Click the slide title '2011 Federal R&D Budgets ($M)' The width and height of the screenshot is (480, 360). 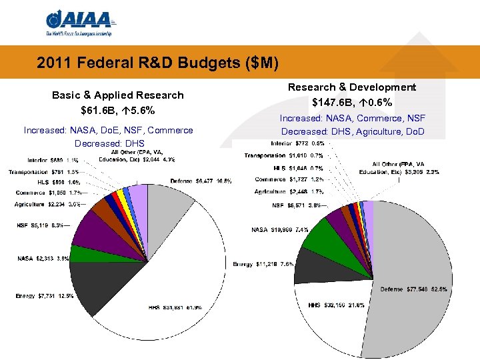coord(157,63)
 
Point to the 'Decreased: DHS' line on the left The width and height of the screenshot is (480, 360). coord(108,143)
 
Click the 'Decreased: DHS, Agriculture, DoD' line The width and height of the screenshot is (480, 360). coord(353,131)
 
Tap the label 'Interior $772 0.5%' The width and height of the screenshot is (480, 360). coord(297,143)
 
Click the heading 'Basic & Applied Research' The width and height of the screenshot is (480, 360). coord(117,95)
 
